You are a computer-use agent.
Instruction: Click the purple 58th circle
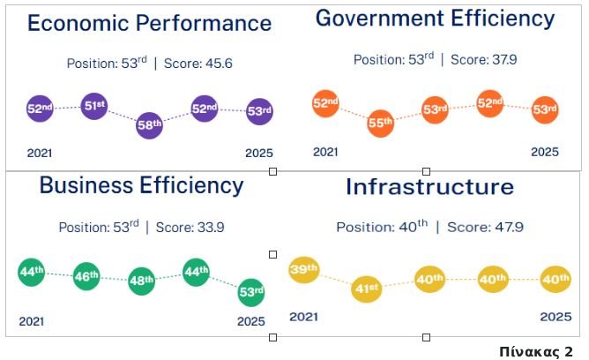tap(150, 125)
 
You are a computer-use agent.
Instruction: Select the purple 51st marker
tap(94, 106)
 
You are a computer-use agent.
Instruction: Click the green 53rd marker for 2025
tap(252, 291)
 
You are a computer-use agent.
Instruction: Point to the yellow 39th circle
tap(304, 270)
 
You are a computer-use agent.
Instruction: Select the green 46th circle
tap(86, 277)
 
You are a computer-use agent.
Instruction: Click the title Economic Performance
tap(149, 23)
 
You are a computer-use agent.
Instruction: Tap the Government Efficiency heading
tap(436, 19)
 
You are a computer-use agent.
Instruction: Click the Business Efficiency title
tap(141, 185)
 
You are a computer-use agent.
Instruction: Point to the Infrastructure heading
tap(429, 187)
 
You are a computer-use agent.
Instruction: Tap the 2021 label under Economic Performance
tap(40, 154)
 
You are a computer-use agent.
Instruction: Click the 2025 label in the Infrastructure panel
tap(555, 316)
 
